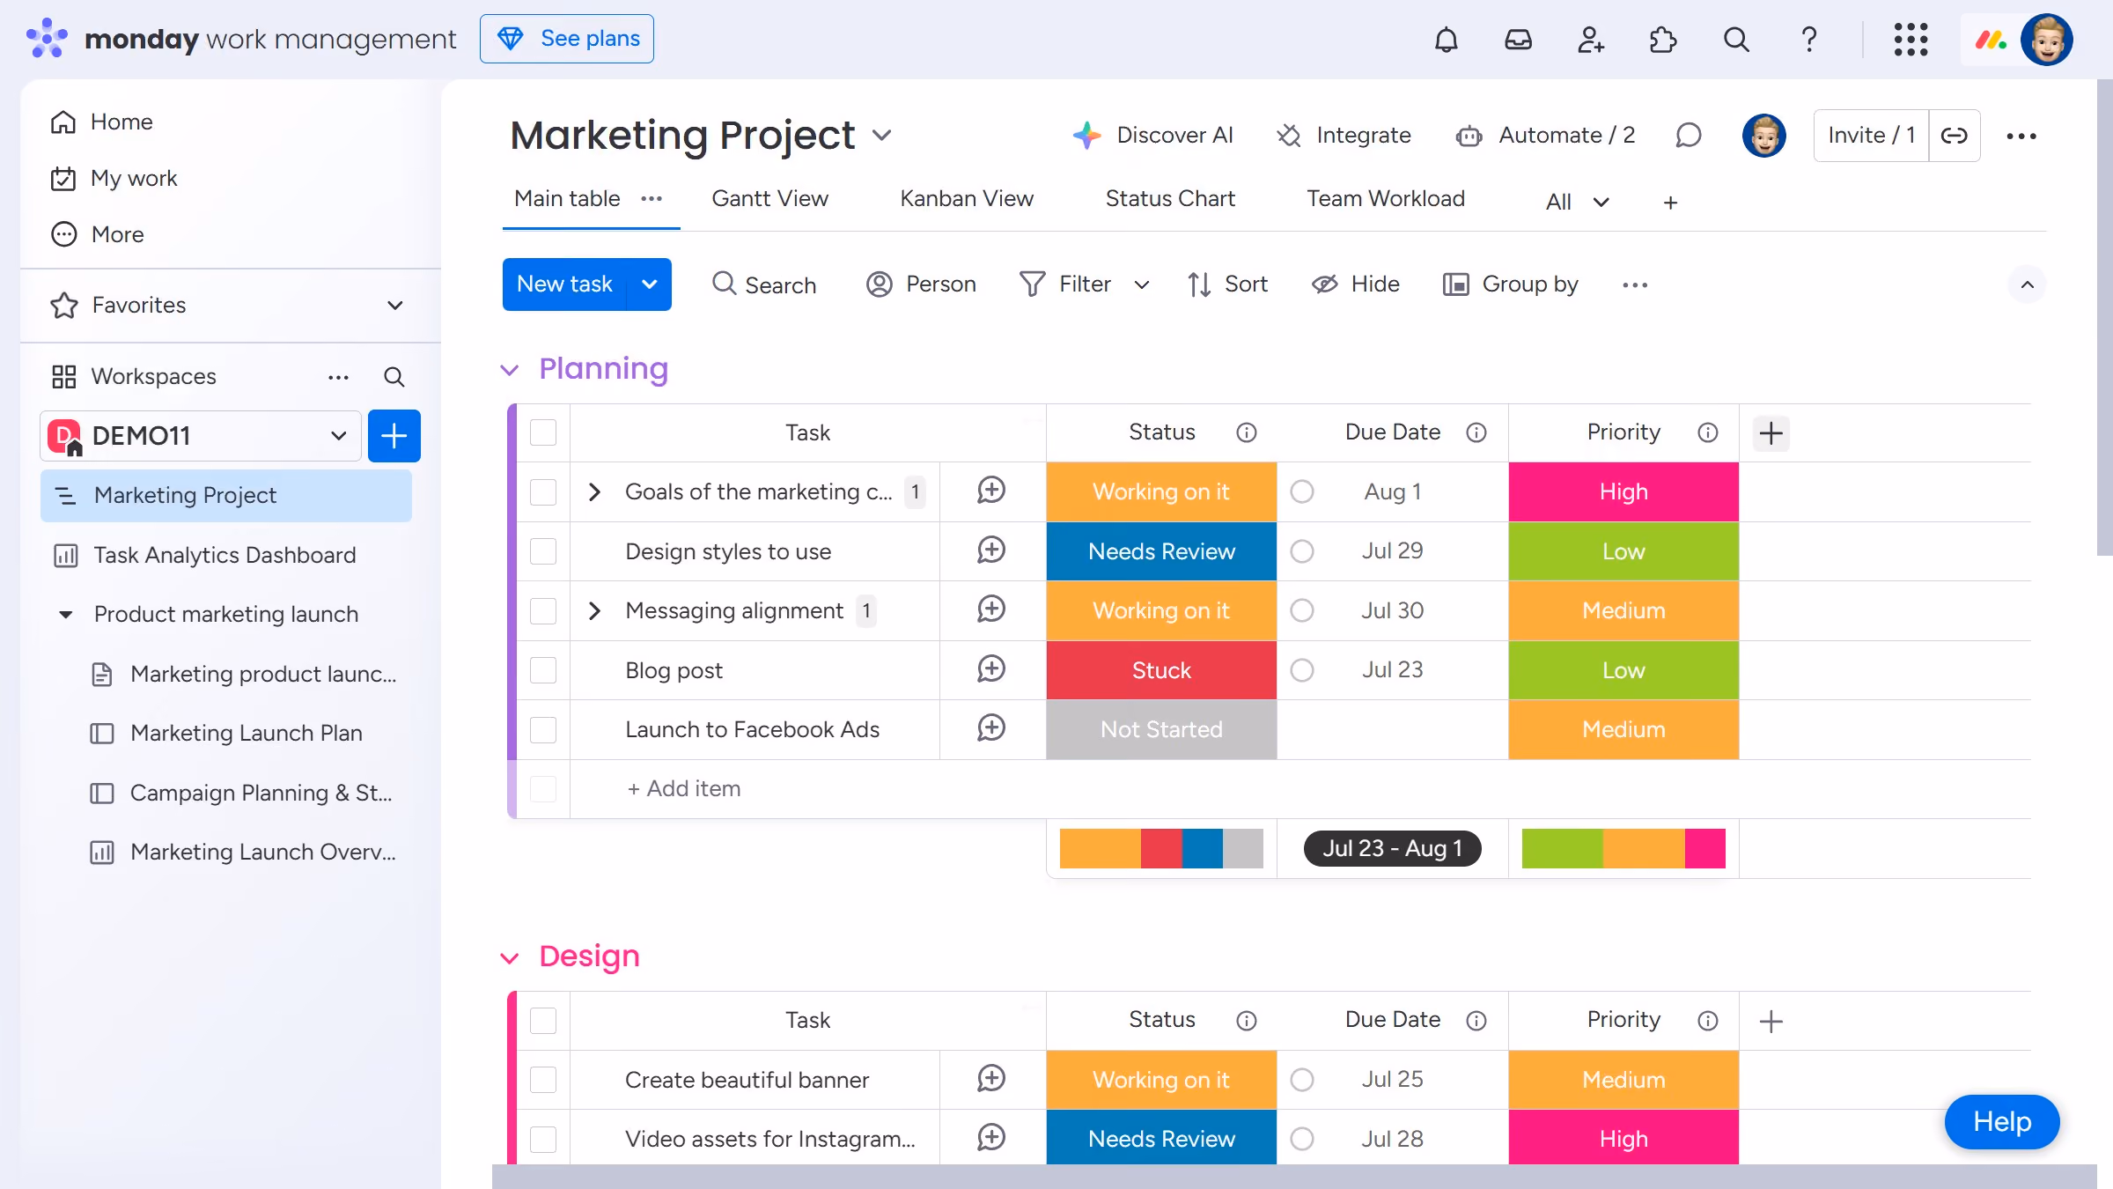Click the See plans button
click(566, 39)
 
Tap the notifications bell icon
click(1446, 40)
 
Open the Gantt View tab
click(769, 199)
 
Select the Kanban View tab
click(967, 199)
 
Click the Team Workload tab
click(1386, 199)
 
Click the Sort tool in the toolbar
click(1227, 284)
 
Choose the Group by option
click(1511, 284)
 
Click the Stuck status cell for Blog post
click(1161, 670)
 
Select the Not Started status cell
click(1161, 729)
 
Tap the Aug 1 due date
click(1393, 491)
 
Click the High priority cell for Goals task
click(1623, 491)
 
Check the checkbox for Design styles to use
click(543, 551)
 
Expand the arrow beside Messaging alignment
click(594, 610)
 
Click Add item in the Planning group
click(684, 788)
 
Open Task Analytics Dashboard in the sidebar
click(225, 555)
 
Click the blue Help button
click(2002, 1121)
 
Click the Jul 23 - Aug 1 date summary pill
click(1393, 848)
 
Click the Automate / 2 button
click(1546, 136)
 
